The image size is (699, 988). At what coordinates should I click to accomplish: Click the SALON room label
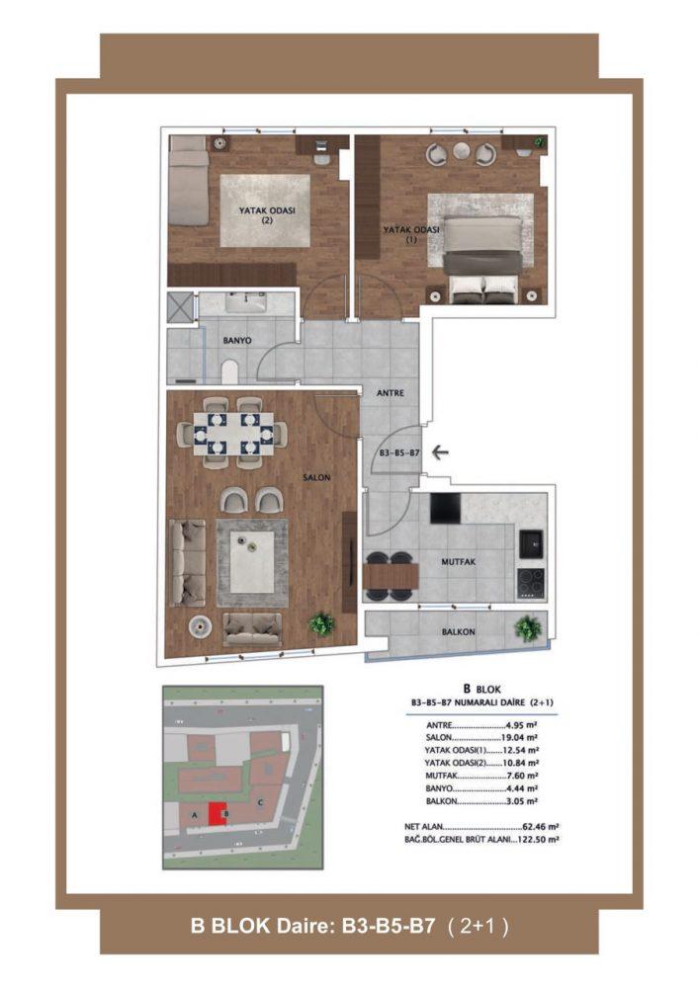click(316, 477)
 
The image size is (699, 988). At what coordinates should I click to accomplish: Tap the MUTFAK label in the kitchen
click(458, 561)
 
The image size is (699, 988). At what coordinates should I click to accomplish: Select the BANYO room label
click(237, 340)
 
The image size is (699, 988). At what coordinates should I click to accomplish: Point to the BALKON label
click(458, 631)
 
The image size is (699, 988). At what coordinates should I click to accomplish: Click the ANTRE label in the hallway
click(391, 392)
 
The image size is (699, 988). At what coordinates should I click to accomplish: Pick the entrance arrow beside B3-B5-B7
click(440, 453)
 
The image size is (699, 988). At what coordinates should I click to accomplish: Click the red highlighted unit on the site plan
click(218, 813)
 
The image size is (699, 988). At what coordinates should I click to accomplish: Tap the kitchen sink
click(531, 544)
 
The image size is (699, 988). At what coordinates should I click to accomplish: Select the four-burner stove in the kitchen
click(531, 583)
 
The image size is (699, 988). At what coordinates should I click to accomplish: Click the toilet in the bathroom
click(230, 371)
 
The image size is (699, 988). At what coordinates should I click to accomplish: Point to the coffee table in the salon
click(252, 562)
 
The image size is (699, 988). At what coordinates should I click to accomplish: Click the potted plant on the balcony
click(527, 628)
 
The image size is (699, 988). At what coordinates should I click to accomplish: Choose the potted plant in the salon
click(321, 623)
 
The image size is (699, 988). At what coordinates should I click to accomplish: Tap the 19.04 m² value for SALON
click(520, 738)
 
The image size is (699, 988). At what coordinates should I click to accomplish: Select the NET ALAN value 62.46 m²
click(541, 827)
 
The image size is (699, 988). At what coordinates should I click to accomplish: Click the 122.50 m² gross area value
click(538, 839)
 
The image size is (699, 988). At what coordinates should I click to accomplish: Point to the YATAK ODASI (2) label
click(267, 215)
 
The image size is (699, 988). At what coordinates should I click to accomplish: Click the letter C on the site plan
click(260, 802)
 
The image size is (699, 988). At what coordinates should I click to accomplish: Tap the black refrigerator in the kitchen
click(445, 508)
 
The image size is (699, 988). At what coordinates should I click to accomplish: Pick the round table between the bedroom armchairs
click(462, 152)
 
